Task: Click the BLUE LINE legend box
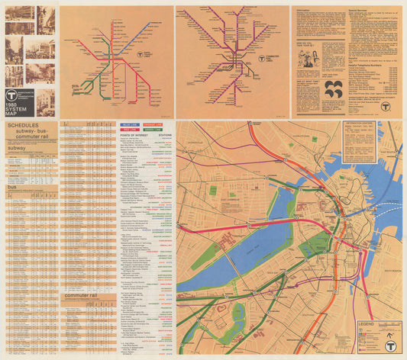[x=130, y=124]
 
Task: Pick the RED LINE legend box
[x=130, y=130]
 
